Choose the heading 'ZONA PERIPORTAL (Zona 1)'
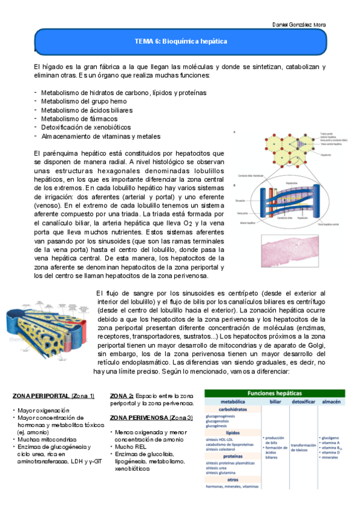pos(53,396)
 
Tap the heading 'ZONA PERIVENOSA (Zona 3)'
pos(151,417)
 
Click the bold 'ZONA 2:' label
pos(122,396)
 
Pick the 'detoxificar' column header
pos(305,401)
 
